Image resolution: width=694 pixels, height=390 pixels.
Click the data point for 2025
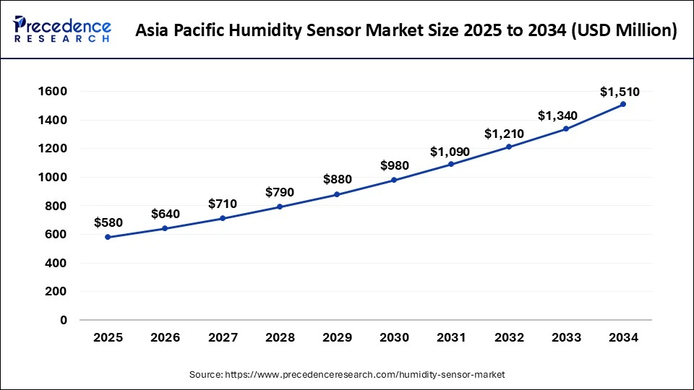tap(108, 237)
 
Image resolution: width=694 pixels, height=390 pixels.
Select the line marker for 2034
tap(623, 104)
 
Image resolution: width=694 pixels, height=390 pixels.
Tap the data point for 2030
tap(394, 180)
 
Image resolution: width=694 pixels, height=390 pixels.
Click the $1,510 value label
tap(620, 92)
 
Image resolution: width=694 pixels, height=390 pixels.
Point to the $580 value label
tap(108, 223)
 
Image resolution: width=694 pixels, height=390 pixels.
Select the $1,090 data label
tap(450, 152)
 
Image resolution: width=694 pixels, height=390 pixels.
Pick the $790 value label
tap(280, 194)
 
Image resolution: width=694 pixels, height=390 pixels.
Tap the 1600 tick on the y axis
tap(53, 92)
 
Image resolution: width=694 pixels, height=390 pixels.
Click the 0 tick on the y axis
tap(63, 320)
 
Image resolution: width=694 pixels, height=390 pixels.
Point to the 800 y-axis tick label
tap(56, 206)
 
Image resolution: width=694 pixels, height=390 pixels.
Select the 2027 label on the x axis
tap(222, 337)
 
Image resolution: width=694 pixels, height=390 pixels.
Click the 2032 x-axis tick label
tap(508, 337)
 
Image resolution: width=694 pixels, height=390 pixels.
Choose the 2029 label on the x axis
tap(337, 337)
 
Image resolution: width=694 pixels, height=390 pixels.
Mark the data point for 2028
tap(280, 207)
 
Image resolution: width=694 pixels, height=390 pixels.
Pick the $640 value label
tap(165, 214)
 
